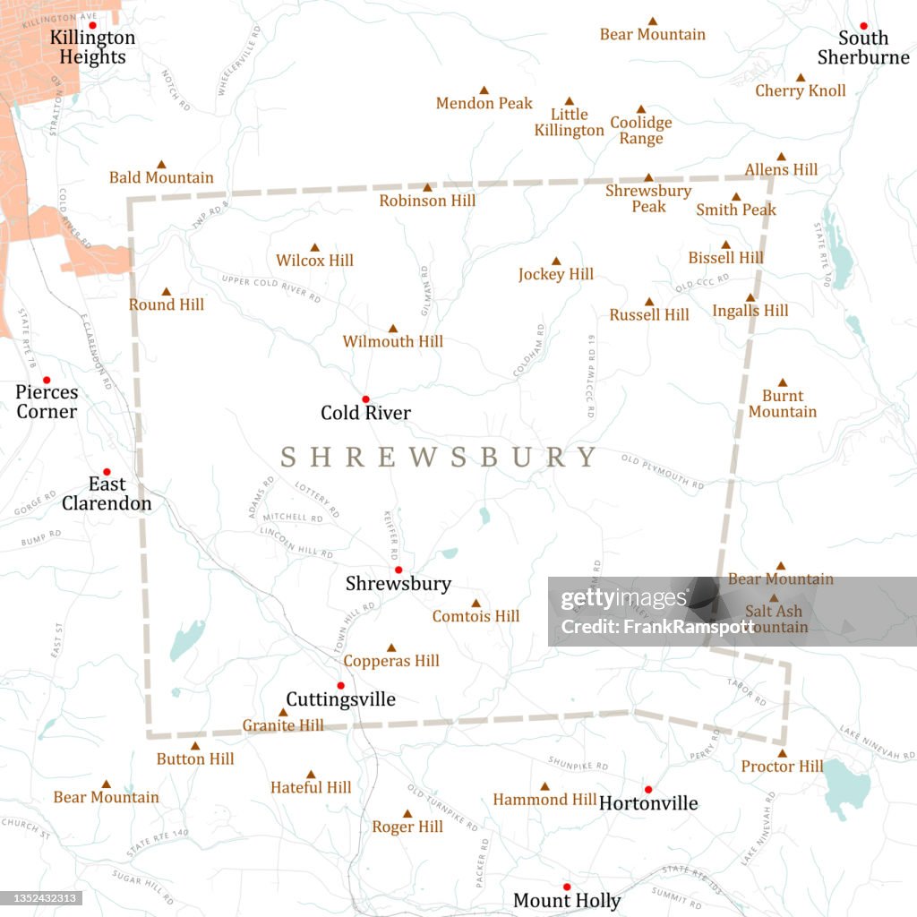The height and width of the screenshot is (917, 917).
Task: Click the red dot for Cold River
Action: pyautogui.click(x=365, y=399)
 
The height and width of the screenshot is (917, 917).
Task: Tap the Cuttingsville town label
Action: pyautogui.click(x=340, y=699)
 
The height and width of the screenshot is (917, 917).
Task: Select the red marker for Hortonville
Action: pyautogui.click(x=648, y=790)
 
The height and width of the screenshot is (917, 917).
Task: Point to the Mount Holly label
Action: pyautogui.click(x=567, y=900)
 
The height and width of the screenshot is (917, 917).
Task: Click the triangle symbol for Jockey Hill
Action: pyautogui.click(x=555, y=261)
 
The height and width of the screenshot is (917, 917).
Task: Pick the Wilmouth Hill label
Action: pyautogui.click(x=393, y=341)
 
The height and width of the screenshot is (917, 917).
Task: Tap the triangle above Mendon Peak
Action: pyautogui.click(x=484, y=90)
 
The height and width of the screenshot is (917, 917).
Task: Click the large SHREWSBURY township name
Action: pyautogui.click(x=439, y=457)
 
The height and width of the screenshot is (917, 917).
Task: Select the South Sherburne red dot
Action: pyautogui.click(x=864, y=26)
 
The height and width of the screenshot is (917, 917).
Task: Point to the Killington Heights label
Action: pyautogui.click(x=92, y=47)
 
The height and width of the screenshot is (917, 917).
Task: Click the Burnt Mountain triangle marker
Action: pyautogui.click(x=782, y=382)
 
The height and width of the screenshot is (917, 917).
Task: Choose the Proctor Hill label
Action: pyautogui.click(x=782, y=767)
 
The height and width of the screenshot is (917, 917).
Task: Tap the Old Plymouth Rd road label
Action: pyautogui.click(x=663, y=472)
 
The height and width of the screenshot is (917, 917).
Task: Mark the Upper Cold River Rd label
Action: pyautogui.click(x=270, y=287)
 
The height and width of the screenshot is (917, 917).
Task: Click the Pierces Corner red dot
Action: pyautogui.click(x=47, y=380)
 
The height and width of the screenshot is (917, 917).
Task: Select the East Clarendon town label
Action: pyautogui.click(x=107, y=493)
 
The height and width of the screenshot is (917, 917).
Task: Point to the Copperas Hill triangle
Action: pyautogui.click(x=391, y=647)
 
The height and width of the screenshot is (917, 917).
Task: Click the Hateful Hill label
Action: pyautogui.click(x=311, y=787)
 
